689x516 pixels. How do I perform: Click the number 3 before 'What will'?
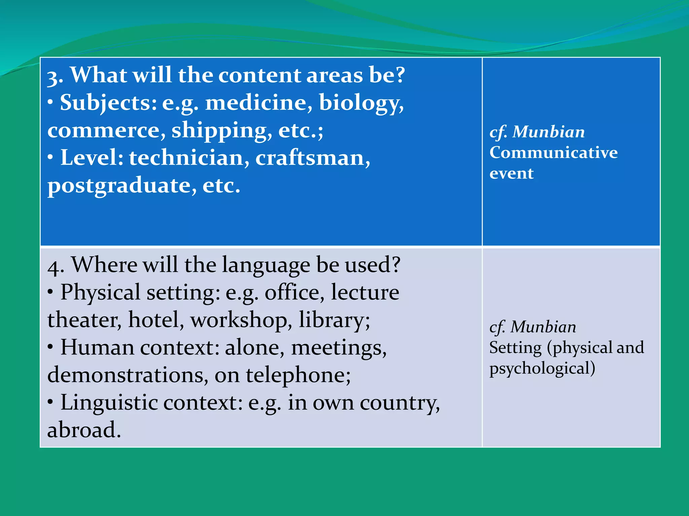54,77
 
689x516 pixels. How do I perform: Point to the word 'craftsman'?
312,158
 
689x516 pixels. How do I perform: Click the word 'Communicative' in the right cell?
553,153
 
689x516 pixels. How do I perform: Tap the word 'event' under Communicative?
511,174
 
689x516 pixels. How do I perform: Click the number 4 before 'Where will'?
55,267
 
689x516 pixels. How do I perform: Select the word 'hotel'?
156,320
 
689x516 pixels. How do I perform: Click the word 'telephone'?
298,375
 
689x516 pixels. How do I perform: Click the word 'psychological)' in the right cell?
542,369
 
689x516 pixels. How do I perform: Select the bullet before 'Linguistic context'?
50,401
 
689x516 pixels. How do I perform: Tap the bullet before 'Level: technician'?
50,157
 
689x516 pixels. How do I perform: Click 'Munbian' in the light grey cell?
543,327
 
